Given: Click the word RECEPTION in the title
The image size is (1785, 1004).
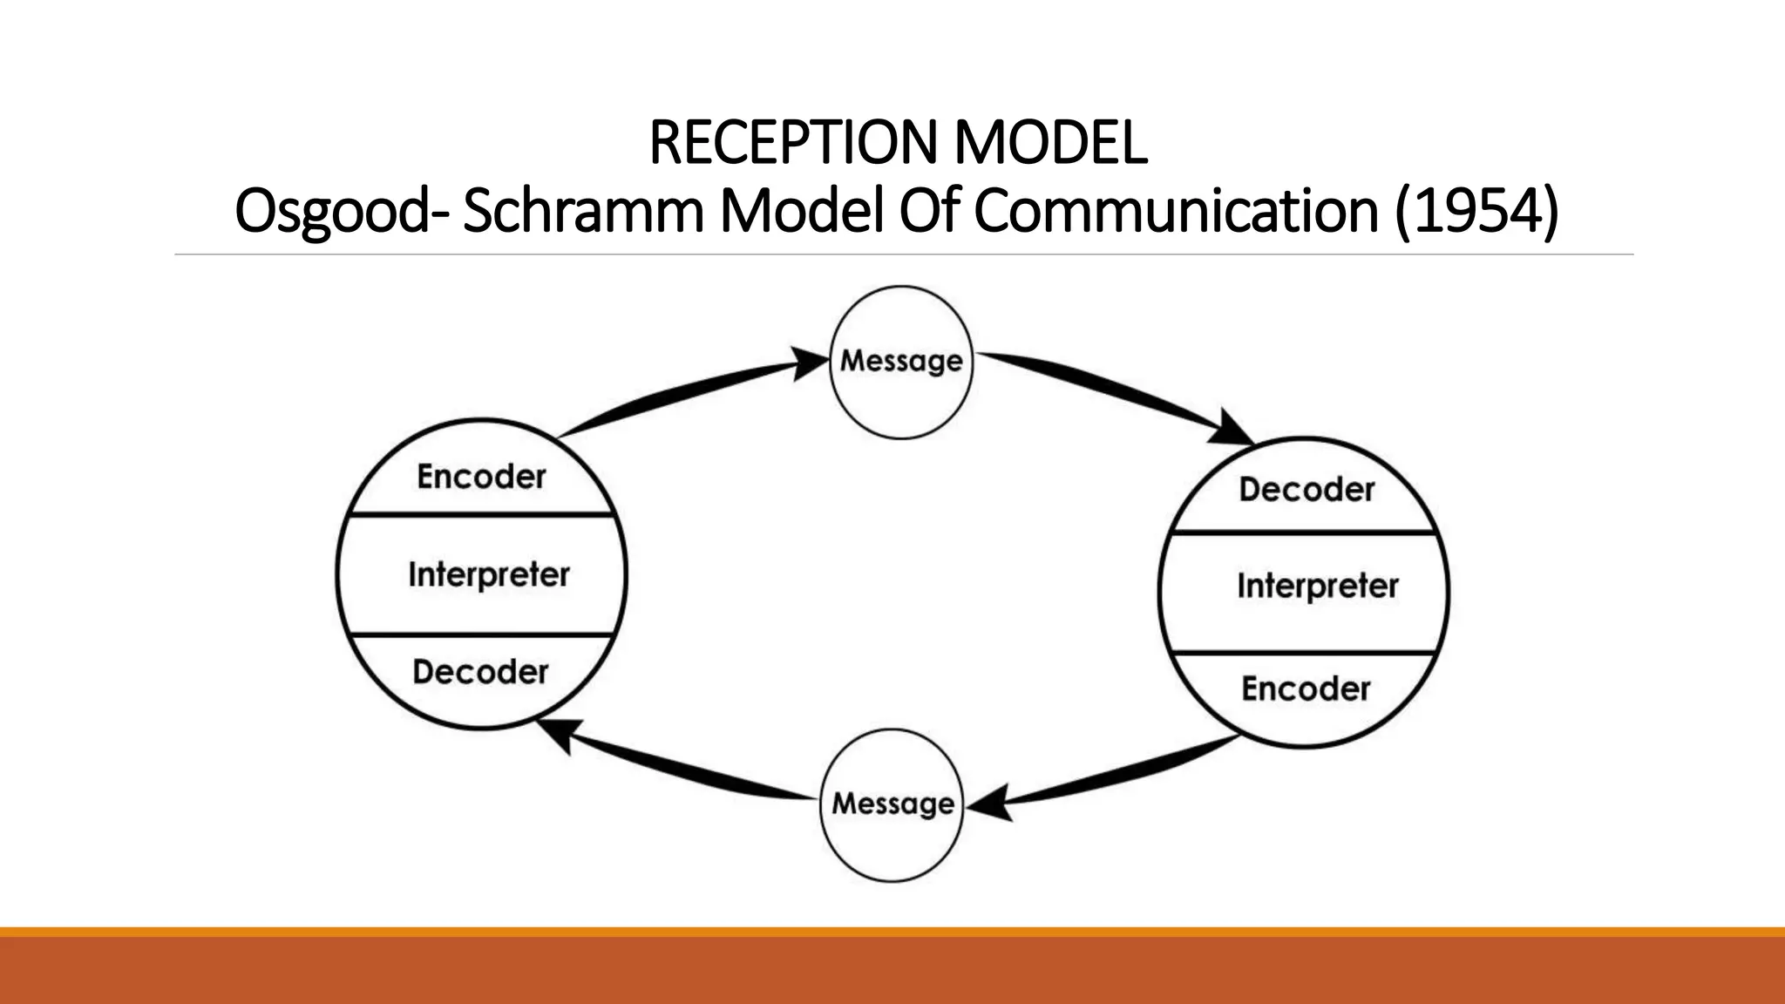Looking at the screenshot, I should click(x=794, y=143).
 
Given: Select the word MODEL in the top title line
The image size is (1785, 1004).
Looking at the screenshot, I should click(x=1050, y=143).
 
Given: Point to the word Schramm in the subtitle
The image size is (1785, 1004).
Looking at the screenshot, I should click(x=582, y=212).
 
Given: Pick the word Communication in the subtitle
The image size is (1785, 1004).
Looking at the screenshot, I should click(x=1176, y=212).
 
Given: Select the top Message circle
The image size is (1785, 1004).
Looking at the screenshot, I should click(x=901, y=362).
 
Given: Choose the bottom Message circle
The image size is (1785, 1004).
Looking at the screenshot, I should click(x=892, y=804).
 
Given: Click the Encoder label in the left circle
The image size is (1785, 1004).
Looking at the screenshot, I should click(x=481, y=477).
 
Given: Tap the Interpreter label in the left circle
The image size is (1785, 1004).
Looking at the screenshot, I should click(x=488, y=574).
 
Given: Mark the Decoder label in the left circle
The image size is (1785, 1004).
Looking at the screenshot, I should click(x=480, y=672).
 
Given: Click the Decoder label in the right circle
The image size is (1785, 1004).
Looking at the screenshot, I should click(x=1307, y=490).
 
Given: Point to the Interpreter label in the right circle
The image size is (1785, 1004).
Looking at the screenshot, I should click(x=1317, y=586).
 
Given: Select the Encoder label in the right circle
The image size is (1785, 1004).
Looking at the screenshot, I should click(x=1306, y=689).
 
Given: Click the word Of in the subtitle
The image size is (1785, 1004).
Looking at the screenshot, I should click(x=929, y=212).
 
